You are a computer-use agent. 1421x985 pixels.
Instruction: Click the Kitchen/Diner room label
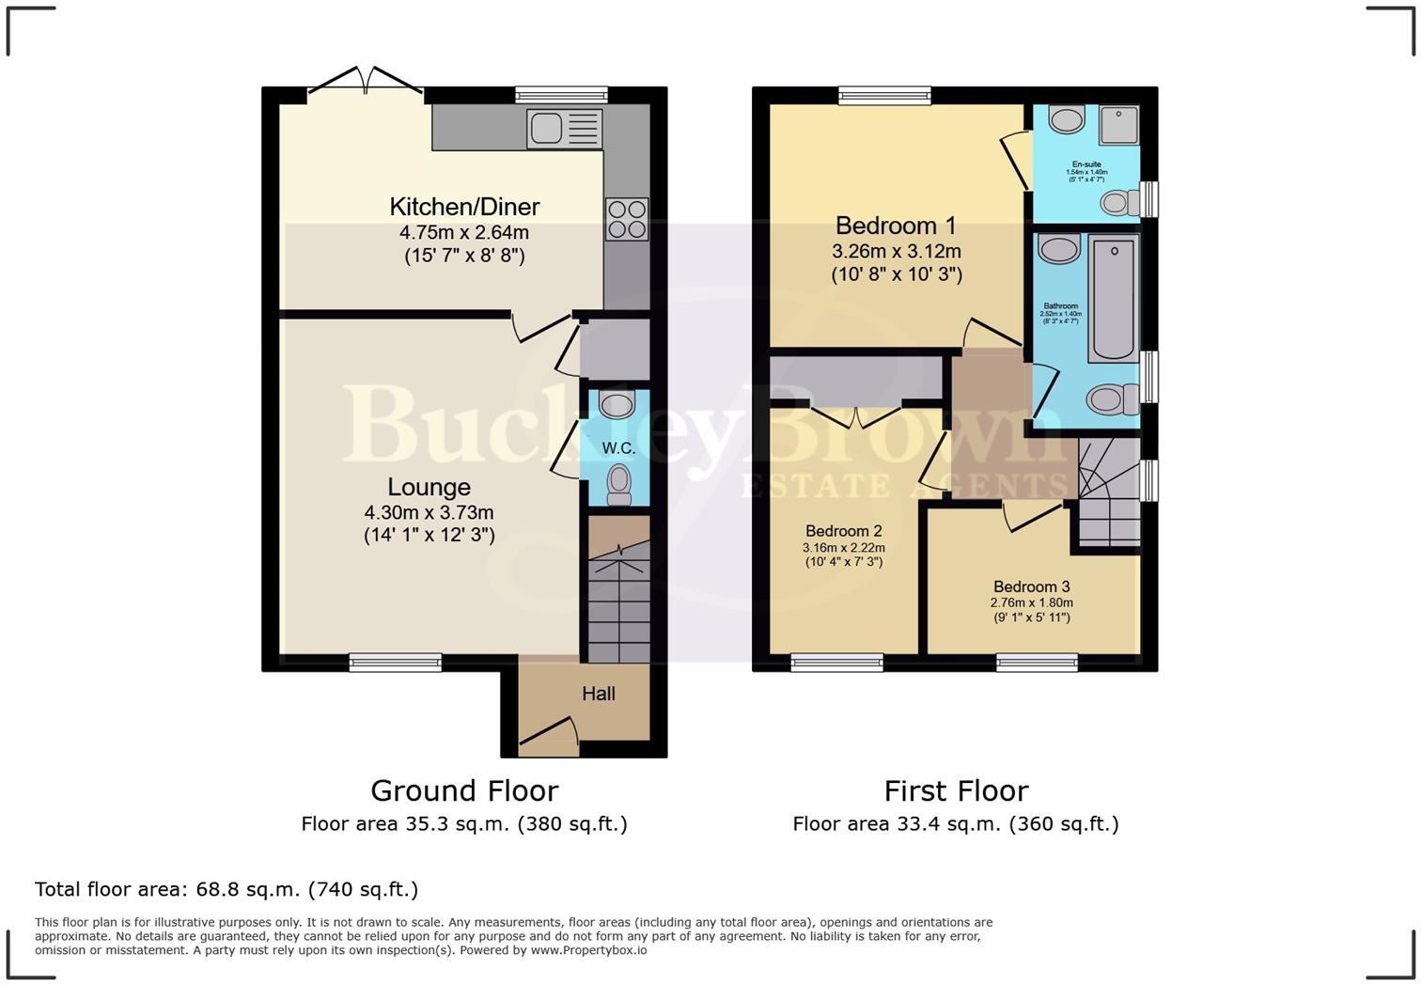(x=464, y=207)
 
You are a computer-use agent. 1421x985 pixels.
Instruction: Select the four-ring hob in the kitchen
(x=627, y=219)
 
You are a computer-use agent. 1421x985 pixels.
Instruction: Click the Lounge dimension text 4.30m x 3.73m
(x=429, y=512)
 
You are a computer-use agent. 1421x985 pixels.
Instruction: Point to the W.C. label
(x=618, y=448)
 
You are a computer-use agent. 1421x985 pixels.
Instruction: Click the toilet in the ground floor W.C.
(x=618, y=484)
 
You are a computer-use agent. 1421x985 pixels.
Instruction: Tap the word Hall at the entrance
(x=598, y=694)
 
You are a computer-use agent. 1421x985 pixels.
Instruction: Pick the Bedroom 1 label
(x=896, y=226)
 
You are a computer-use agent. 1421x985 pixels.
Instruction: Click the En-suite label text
(x=1086, y=164)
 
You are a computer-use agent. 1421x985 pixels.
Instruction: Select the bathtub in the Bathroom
(x=1114, y=298)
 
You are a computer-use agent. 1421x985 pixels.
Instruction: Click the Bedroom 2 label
(x=843, y=531)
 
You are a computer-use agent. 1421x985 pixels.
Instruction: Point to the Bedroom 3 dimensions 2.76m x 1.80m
(x=1031, y=602)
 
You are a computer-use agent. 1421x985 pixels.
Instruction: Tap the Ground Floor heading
(x=464, y=790)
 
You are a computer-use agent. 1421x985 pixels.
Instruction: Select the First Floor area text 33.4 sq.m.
(x=955, y=824)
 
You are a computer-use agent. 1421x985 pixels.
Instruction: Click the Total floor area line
(x=226, y=889)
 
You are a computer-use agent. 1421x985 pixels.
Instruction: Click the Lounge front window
(x=395, y=663)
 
